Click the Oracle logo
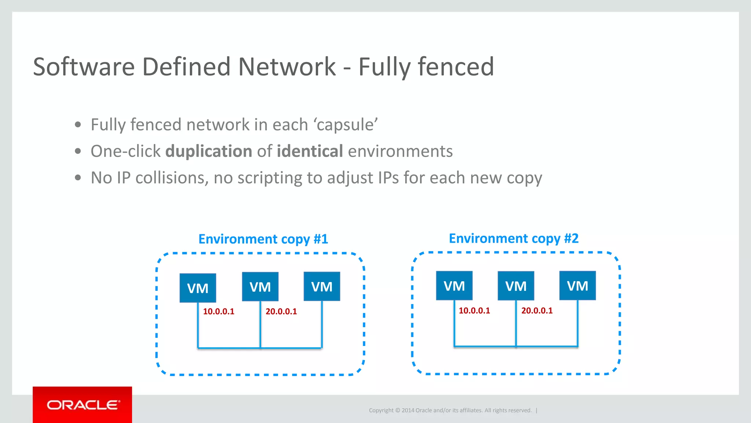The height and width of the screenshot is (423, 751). point(83,405)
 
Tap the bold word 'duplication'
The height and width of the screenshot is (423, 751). point(209,151)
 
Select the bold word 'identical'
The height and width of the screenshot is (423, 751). point(310,151)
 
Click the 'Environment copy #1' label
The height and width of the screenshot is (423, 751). point(263,239)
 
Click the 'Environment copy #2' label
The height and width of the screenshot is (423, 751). point(513,238)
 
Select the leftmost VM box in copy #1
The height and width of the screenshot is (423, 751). point(198,288)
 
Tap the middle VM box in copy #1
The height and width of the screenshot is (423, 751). point(260,286)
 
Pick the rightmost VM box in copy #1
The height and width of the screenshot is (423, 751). point(322,286)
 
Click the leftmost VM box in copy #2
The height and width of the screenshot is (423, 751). point(454,286)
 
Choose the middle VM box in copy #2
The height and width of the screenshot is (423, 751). point(516,286)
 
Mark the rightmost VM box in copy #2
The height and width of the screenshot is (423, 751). point(577,286)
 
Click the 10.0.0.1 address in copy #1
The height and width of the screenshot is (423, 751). point(219,311)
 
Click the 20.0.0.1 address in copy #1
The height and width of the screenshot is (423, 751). point(281,311)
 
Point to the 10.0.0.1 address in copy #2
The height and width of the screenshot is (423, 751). point(474,311)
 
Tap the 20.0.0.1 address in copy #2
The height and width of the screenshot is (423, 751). point(536,311)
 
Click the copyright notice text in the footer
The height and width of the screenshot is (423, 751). point(450,410)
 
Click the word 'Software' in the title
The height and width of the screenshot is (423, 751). point(84,67)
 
